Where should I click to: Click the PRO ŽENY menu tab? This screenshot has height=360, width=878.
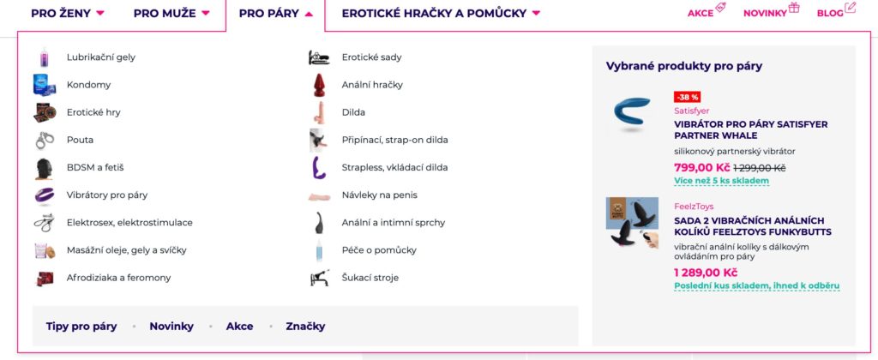point(67,13)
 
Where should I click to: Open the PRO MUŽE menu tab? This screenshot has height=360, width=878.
point(171,13)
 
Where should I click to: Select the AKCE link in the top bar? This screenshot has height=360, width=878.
point(701,14)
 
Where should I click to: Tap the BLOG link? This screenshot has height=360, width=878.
point(830,14)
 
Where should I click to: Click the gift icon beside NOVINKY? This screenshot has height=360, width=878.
point(794,8)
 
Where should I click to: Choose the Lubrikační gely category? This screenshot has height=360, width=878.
point(101,57)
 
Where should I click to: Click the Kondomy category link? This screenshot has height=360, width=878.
point(88,85)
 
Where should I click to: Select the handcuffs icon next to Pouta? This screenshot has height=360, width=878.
point(45,140)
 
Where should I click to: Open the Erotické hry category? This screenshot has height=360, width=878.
point(93,112)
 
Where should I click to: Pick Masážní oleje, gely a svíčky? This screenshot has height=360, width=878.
point(127,250)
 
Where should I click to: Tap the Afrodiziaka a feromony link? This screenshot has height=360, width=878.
point(118,278)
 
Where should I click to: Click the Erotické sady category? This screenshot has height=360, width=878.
point(372,57)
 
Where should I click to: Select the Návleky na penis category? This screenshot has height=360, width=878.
point(380,195)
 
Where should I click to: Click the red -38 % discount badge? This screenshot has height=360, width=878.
point(688,97)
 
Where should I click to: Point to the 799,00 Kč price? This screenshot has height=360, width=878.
point(702,167)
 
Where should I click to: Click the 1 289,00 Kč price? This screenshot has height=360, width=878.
point(706,273)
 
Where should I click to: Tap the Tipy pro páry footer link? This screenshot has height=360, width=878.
point(81,327)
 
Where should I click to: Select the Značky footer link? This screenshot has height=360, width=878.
point(305,327)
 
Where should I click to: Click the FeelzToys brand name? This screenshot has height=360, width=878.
point(694,207)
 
